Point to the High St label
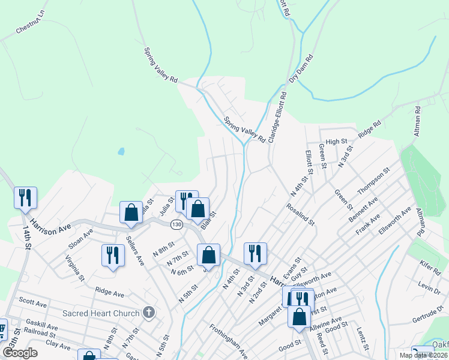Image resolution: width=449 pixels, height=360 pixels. pos(337,142)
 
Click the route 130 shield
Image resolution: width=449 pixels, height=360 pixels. pos(176,224)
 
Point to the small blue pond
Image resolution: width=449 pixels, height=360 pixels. pos(121,151)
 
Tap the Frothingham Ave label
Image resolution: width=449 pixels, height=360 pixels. pos(228,338)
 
